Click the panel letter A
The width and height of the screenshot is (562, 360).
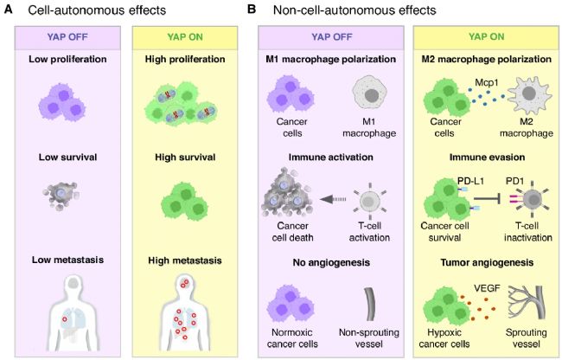(x=10, y=10)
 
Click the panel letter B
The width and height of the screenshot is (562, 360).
(x=252, y=10)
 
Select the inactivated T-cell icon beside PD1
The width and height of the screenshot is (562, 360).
(x=527, y=207)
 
